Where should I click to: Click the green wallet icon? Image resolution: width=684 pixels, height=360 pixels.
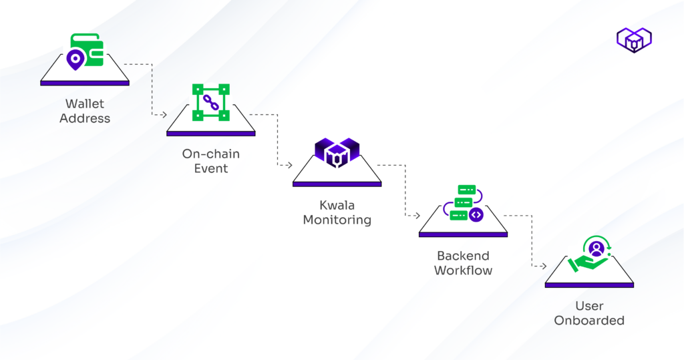tap(87, 51)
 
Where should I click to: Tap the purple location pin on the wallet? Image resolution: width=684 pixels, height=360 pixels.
tap(75, 61)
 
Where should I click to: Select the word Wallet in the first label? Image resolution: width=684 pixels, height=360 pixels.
tap(84, 104)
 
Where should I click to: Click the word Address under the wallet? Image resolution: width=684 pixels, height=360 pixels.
tap(84, 118)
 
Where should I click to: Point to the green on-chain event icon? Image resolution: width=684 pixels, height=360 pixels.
tap(210, 102)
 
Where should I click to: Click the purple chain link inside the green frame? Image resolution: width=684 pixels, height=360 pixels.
tap(210, 102)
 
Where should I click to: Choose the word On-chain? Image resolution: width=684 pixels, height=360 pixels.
tap(210, 154)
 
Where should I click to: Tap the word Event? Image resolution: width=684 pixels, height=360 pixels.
tap(210, 169)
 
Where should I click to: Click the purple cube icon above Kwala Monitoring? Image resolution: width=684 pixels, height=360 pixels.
tap(337, 152)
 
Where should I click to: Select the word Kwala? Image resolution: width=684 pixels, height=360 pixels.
tap(337, 205)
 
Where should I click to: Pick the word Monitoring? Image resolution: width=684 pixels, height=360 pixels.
tap(337, 220)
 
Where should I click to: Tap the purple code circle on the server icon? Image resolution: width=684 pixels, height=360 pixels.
tap(476, 214)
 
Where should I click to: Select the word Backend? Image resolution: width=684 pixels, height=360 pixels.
tap(463, 256)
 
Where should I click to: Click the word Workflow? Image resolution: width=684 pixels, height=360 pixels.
tap(463, 271)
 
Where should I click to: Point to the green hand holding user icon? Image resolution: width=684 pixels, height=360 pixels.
tap(588, 256)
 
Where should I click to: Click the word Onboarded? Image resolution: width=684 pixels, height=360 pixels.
tap(589, 321)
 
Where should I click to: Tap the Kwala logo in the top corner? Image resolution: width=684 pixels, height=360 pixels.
tap(633, 39)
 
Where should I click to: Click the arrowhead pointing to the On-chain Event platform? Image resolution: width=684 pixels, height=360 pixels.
tap(163, 115)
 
